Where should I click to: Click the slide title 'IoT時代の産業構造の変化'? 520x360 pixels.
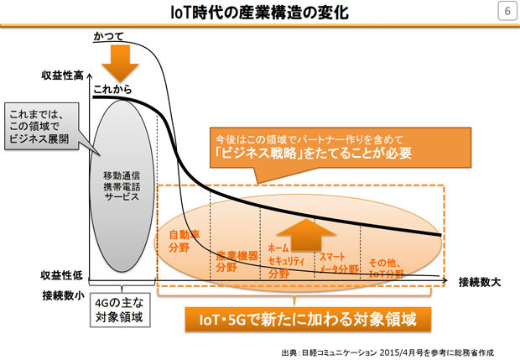[259, 13]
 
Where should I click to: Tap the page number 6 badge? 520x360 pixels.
[507, 11]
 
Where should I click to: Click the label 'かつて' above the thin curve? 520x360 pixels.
[108, 36]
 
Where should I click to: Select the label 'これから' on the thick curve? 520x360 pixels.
[112, 89]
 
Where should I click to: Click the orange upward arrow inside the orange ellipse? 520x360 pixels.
[305, 235]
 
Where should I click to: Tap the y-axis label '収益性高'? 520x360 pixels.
[62, 76]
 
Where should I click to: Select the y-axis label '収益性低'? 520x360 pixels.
[62, 275]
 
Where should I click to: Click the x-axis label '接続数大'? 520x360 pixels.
[480, 282]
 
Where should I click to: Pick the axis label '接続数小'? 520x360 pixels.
[64, 295]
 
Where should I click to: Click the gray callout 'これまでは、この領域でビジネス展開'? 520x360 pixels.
[42, 126]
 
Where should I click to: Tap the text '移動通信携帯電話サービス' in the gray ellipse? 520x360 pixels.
[122, 186]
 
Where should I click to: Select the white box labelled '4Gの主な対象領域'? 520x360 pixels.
[120, 310]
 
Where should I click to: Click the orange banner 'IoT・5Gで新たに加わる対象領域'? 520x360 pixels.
[308, 319]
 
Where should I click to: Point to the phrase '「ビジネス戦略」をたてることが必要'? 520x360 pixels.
[314, 154]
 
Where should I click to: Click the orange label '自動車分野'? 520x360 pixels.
[185, 241]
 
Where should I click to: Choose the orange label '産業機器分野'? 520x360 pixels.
[237, 261]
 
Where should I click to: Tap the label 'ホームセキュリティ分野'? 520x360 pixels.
[286, 261]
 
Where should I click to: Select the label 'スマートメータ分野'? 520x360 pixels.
[339, 263]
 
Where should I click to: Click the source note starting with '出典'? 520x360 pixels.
[387, 352]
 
